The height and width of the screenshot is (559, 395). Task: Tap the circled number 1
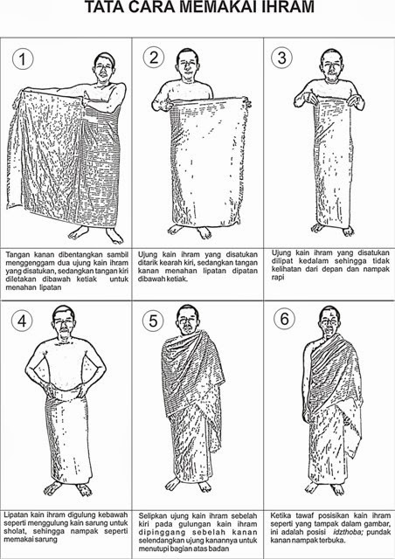(x=24, y=60)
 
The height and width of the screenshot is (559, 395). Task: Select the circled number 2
(x=156, y=59)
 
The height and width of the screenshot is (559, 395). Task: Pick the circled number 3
(x=281, y=59)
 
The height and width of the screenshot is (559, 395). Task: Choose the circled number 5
(x=154, y=321)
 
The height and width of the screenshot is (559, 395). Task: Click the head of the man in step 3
(x=329, y=63)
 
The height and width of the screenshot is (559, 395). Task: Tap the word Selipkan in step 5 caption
(x=156, y=517)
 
